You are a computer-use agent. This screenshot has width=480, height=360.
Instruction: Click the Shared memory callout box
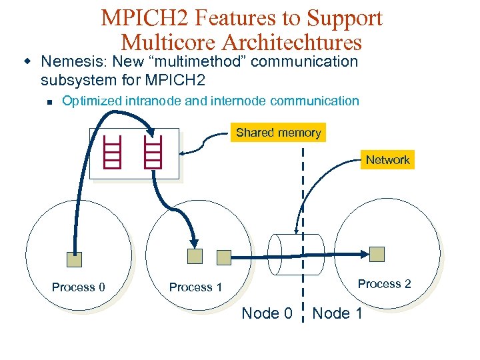[x=279, y=132]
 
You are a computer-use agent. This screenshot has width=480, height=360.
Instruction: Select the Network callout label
[x=387, y=160]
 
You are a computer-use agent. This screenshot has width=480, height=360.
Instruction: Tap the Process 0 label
[x=79, y=287]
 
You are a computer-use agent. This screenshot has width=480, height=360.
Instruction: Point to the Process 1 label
[x=195, y=287]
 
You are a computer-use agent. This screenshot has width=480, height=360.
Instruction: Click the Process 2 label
[x=384, y=284]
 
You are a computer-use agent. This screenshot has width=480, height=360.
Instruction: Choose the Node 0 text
[x=267, y=313]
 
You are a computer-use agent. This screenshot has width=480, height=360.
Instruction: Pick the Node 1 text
[x=337, y=313]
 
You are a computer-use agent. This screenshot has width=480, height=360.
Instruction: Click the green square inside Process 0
[x=74, y=259]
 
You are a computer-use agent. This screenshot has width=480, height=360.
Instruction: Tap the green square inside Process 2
[x=377, y=254]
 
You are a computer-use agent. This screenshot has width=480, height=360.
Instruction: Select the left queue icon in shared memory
[x=113, y=153]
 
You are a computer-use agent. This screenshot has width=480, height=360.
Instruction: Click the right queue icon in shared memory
[x=153, y=153]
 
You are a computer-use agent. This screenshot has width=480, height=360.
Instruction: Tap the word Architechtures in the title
[x=293, y=42]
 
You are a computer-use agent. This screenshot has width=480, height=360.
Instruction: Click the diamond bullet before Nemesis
[x=28, y=61]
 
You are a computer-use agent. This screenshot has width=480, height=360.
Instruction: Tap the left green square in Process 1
[x=195, y=255]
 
